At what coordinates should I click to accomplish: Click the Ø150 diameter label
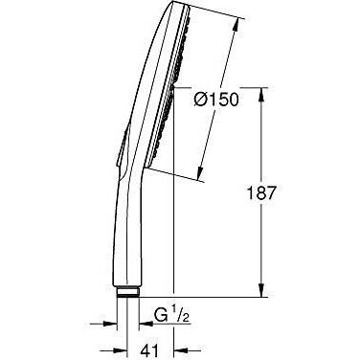pos(216,100)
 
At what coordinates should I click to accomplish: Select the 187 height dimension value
pos(261,192)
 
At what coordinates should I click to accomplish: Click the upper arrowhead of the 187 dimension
pos(261,94)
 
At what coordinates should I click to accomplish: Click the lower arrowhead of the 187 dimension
pos(261,290)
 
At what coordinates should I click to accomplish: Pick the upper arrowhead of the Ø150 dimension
pos(236,25)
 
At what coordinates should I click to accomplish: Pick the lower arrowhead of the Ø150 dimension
pos(200,175)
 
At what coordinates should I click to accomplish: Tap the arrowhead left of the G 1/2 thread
pos(110,324)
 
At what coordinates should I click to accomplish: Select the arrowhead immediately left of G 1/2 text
pos(146,324)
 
